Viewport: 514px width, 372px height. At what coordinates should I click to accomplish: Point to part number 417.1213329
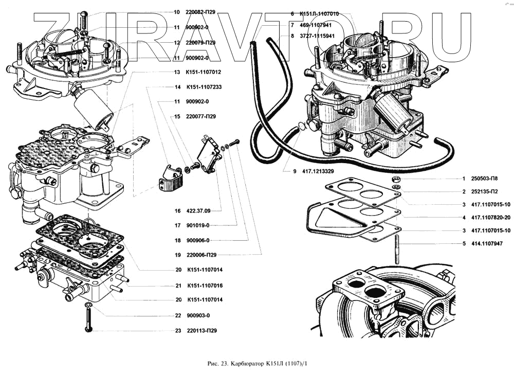click(x=315, y=171)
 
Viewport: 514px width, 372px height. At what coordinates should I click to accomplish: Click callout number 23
click(x=177, y=331)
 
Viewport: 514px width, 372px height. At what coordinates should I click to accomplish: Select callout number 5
click(x=464, y=243)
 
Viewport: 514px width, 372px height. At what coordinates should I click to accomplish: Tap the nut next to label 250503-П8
click(x=397, y=179)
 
